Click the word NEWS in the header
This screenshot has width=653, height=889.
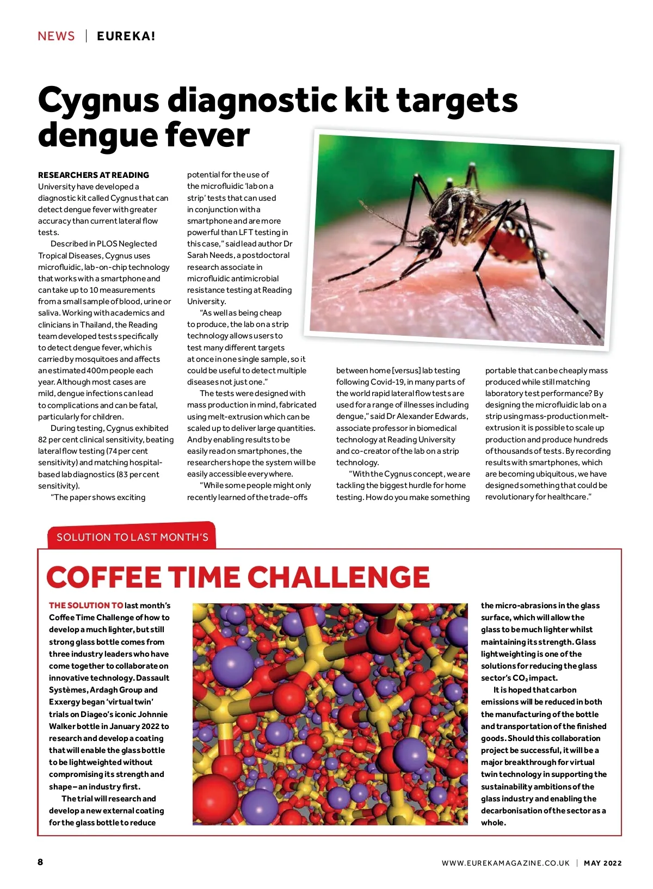click(x=56, y=36)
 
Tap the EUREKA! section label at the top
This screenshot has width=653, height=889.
click(x=126, y=36)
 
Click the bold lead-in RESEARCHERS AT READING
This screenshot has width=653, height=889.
click(x=94, y=175)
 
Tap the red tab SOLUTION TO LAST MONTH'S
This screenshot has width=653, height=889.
click(x=132, y=537)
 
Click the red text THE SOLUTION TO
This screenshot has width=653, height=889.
click(x=86, y=606)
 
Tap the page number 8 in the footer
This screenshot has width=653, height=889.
click(x=40, y=862)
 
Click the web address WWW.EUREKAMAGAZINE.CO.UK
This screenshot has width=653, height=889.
click(x=506, y=863)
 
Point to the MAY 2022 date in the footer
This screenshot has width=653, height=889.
click(x=602, y=863)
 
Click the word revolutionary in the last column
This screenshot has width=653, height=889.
click(x=512, y=497)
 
